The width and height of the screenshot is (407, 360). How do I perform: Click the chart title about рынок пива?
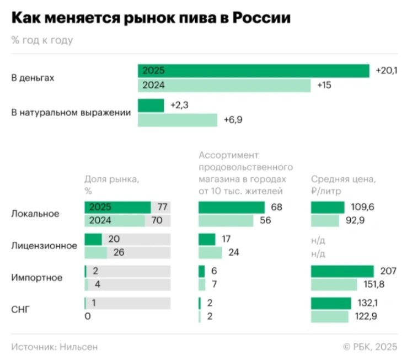151,18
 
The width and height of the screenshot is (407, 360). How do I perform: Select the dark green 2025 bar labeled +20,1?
253,71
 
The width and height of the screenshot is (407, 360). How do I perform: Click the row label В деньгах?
33,78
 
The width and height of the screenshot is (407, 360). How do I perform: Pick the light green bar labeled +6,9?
177,120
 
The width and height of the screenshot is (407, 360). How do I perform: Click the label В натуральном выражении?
71,112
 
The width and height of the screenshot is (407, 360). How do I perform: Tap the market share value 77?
162,207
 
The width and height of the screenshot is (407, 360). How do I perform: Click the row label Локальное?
35,214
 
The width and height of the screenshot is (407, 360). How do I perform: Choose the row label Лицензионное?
44,246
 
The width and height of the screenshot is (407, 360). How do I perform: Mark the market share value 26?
118,253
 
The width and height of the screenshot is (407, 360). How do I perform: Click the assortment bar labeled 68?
232,207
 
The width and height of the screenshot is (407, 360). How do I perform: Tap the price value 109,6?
362,207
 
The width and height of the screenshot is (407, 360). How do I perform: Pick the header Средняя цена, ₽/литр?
344,184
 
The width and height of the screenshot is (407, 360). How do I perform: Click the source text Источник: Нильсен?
55,347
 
